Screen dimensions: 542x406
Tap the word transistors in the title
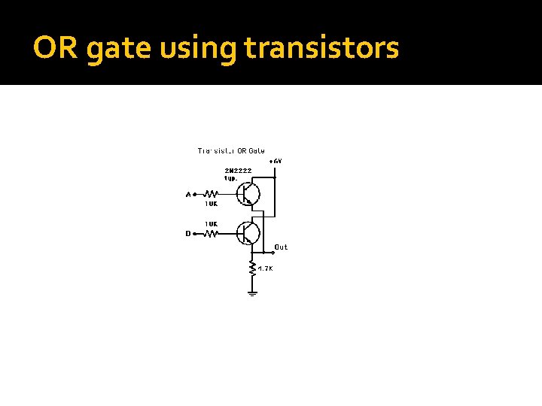coord(321,49)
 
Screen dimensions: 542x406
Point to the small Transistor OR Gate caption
coord(231,150)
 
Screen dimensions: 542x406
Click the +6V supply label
coord(276,161)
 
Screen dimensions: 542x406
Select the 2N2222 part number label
coord(238,171)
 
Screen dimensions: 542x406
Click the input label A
coord(188,195)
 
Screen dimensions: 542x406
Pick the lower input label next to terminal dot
coord(188,234)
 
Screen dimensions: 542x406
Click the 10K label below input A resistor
coord(211,203)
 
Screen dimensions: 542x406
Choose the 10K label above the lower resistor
coord(211,224)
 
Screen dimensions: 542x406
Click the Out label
coord(281,247)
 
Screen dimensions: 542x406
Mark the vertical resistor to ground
coord(252,267)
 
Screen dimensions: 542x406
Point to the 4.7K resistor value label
coord(265,268)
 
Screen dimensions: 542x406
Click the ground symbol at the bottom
coord(252,292)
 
